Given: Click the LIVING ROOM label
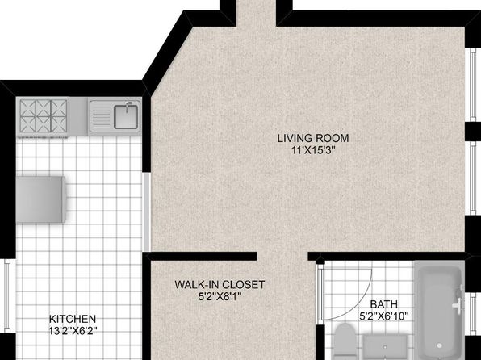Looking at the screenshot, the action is pos(313,138).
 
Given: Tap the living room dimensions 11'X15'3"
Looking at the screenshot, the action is pos(313,150).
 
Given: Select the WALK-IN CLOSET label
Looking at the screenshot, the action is pos(220,284).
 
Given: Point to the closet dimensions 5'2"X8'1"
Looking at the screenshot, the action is pos(220,296).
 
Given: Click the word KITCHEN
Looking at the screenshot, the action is pos(73,319).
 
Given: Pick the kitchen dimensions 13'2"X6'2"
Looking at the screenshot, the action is pos(73,331).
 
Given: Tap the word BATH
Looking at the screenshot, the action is pos(384,304).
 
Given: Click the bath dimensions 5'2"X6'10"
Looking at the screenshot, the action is pos(384,316).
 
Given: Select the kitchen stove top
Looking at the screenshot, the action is pos(44,118).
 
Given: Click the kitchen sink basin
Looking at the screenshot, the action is pos(126,117).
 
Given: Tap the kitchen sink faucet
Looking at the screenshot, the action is pos(128,106).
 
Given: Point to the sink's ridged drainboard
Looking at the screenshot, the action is pos(101,116).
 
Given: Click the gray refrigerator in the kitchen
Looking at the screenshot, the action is pos(41,199).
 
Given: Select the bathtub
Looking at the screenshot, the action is pos(439,310).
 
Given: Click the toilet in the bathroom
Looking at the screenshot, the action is pos(345,341).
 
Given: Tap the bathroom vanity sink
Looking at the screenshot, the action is pos(385,347).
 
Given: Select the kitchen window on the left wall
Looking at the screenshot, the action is pos(6,295).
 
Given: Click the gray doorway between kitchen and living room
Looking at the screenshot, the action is pos(147,212).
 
